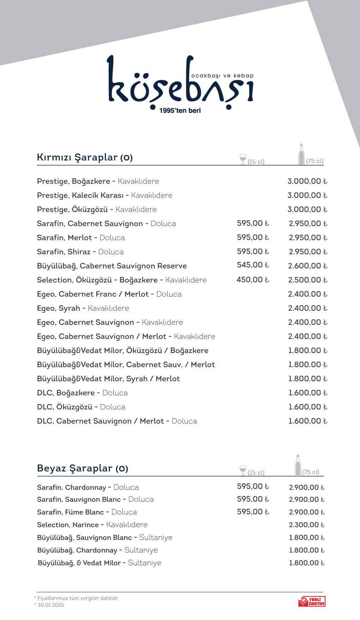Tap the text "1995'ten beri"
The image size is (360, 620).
[x=180, y=111]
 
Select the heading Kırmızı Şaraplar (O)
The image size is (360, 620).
[x=85, y=157]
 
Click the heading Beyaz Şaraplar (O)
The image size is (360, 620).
[x=83, y=468]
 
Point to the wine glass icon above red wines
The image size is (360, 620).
[x=243, y=159]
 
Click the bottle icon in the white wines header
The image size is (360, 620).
[x=298, y=466]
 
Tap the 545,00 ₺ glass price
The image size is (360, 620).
[x=253, y=265]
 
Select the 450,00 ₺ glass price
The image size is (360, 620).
[x=253, y=280]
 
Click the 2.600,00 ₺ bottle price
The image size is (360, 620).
[x=307, y=266]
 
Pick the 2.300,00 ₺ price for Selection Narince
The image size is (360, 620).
[x=306, y=525]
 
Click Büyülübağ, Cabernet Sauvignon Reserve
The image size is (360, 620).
[x=112, y=266]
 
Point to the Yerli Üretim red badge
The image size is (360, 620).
[x=312, y=601]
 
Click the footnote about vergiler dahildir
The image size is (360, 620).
[x=78, y=598]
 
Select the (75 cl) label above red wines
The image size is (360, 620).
[x=315, y=161]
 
